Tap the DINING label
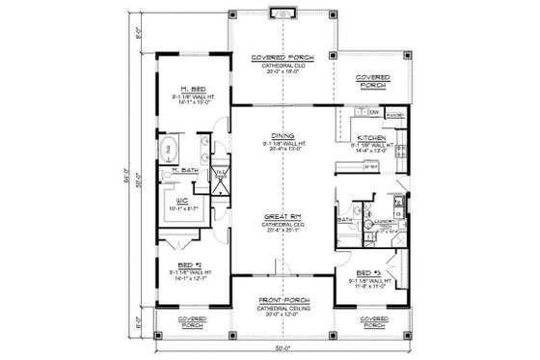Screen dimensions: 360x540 click(283, 135)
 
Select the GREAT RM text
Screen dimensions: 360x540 click(283, 216)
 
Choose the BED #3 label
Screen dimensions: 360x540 click(364, 273)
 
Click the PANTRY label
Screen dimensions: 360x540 click(394, 114)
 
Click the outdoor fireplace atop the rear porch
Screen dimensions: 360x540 click(282, 14)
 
